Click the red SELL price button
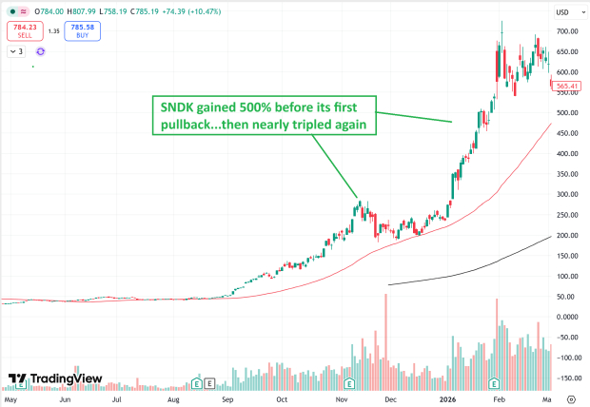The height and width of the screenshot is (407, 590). [25, 31]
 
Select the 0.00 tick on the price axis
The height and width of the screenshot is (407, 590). [568, 317]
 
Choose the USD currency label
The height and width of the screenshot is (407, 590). [563, 11]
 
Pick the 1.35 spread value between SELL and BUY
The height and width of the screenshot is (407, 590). [54, 31]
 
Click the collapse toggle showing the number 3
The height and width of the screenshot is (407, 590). [17, 51]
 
